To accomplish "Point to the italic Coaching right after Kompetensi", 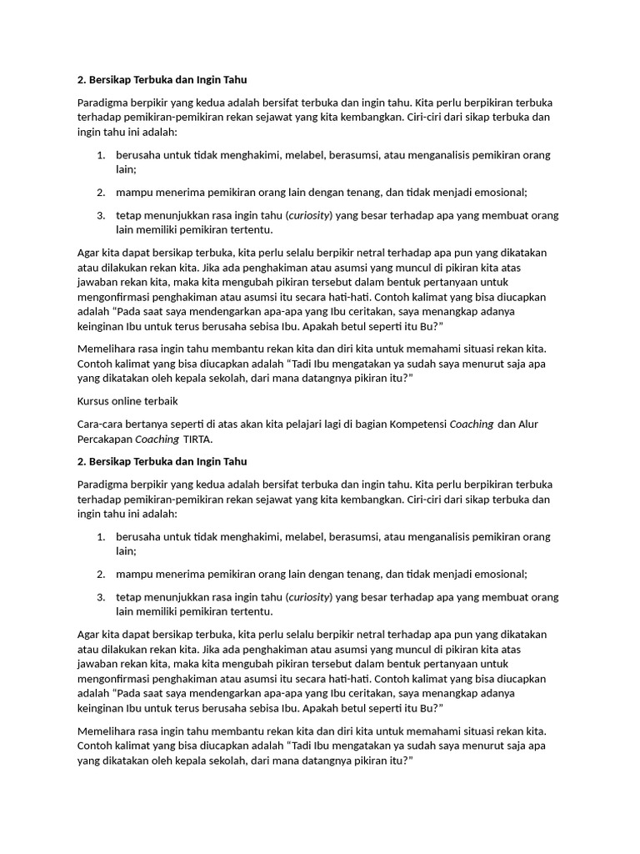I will [x=472, y=424].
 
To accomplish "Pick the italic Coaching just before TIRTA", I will [x=157, y=439].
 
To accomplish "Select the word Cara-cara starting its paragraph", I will [x=101, y=424].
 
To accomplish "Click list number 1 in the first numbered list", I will [x=101, y=155].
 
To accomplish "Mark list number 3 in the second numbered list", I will [x=101, y=597].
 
